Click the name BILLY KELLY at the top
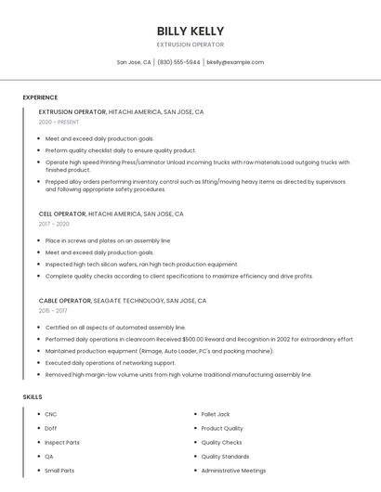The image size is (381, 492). pyautogui.click(x=190, y=32)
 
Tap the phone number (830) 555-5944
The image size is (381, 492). pyautogui.click(x=178, y=62)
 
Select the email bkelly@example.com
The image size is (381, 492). pyautogui.click(x=235, y=62)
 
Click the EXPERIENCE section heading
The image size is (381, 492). pyautogui.click(x=40, y=97)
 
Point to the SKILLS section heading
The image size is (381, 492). pyautogui.click(x=33, y=397)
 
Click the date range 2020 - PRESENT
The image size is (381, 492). pyautogui.click(x=59, y=123)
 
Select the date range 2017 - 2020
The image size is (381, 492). pyautogui.click(x=54, y=225)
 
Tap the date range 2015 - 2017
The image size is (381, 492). pyautogui.click(x=53, y=311)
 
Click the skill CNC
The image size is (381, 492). pyautogui.click(x=51, y=414)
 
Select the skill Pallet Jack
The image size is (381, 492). pyautogui.click(x=216, y=414)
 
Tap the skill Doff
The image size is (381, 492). pyautogui.click(x=51, y=428)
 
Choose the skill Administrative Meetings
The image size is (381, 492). pyautogui.click(x=232, y=471)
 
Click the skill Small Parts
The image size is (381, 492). pyautogui.click(x=59, y=471)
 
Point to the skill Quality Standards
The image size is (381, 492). pyautogui.click(x=225, y=457)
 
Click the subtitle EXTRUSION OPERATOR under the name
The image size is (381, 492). pyautogui.click(x=190, y=45)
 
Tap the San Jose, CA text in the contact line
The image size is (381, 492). pyautogui.click(x=134, y=62)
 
